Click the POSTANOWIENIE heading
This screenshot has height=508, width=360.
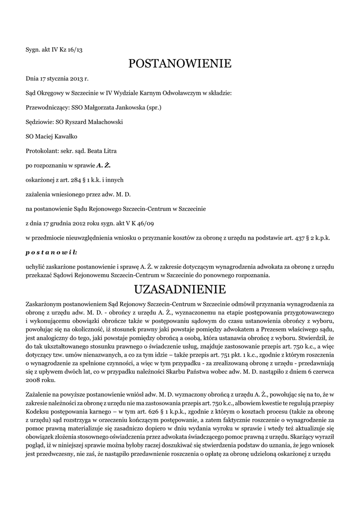[180, 63]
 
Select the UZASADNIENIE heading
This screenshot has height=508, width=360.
[180, 289]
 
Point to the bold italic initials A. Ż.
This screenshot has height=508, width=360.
[103, 165]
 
